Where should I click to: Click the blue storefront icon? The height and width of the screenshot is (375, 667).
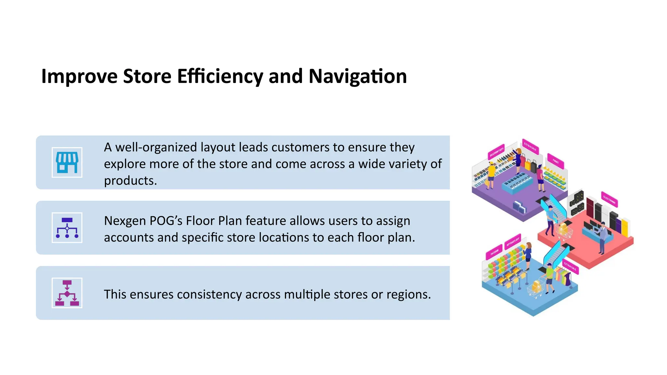coord(67,162)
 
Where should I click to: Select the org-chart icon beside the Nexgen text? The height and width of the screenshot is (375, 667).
coord(67,228)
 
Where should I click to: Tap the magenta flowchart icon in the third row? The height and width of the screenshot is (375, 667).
coord(67,293)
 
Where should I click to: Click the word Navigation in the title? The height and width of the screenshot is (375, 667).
coord(357,76)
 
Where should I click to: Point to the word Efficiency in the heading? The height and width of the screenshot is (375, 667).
coord(220,76)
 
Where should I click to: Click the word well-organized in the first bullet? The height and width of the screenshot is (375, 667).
coord(156,147)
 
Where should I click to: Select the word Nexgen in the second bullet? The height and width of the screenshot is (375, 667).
coord(124,221)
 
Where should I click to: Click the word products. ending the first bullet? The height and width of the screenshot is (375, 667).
coord(130,181)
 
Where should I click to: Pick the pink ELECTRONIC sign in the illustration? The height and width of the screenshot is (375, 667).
coord(609,200)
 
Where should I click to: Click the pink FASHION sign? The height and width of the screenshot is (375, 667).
coord(494,252)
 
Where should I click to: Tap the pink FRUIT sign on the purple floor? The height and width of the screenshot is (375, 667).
coord(556,161)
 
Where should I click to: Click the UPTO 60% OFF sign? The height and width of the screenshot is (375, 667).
coord(513,242)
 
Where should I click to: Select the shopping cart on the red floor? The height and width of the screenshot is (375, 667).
coord(565,230)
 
